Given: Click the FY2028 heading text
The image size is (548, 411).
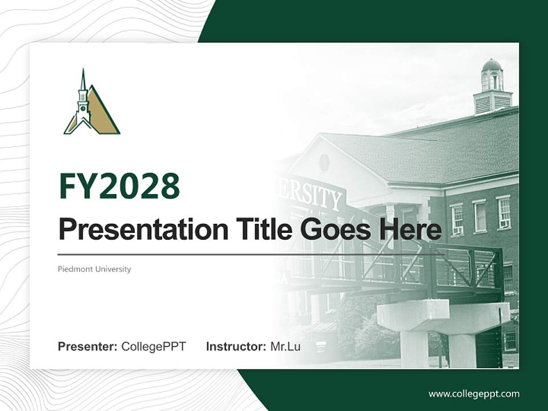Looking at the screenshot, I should point(119,187).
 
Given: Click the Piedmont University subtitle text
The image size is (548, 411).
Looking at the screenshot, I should point(94,269).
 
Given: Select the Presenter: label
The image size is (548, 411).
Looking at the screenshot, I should point(88,346).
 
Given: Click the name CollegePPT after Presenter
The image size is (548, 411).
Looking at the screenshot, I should point(154,346).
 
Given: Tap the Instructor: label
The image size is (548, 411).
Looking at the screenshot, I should point(236,346).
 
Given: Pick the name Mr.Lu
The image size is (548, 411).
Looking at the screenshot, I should point(285,346).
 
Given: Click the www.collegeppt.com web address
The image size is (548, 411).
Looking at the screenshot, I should point(474,393).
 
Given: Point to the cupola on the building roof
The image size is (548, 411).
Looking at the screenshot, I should point(492,88).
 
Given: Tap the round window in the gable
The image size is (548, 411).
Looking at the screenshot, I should point(324,162).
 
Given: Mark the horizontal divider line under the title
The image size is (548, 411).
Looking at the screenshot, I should point(251,255).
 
